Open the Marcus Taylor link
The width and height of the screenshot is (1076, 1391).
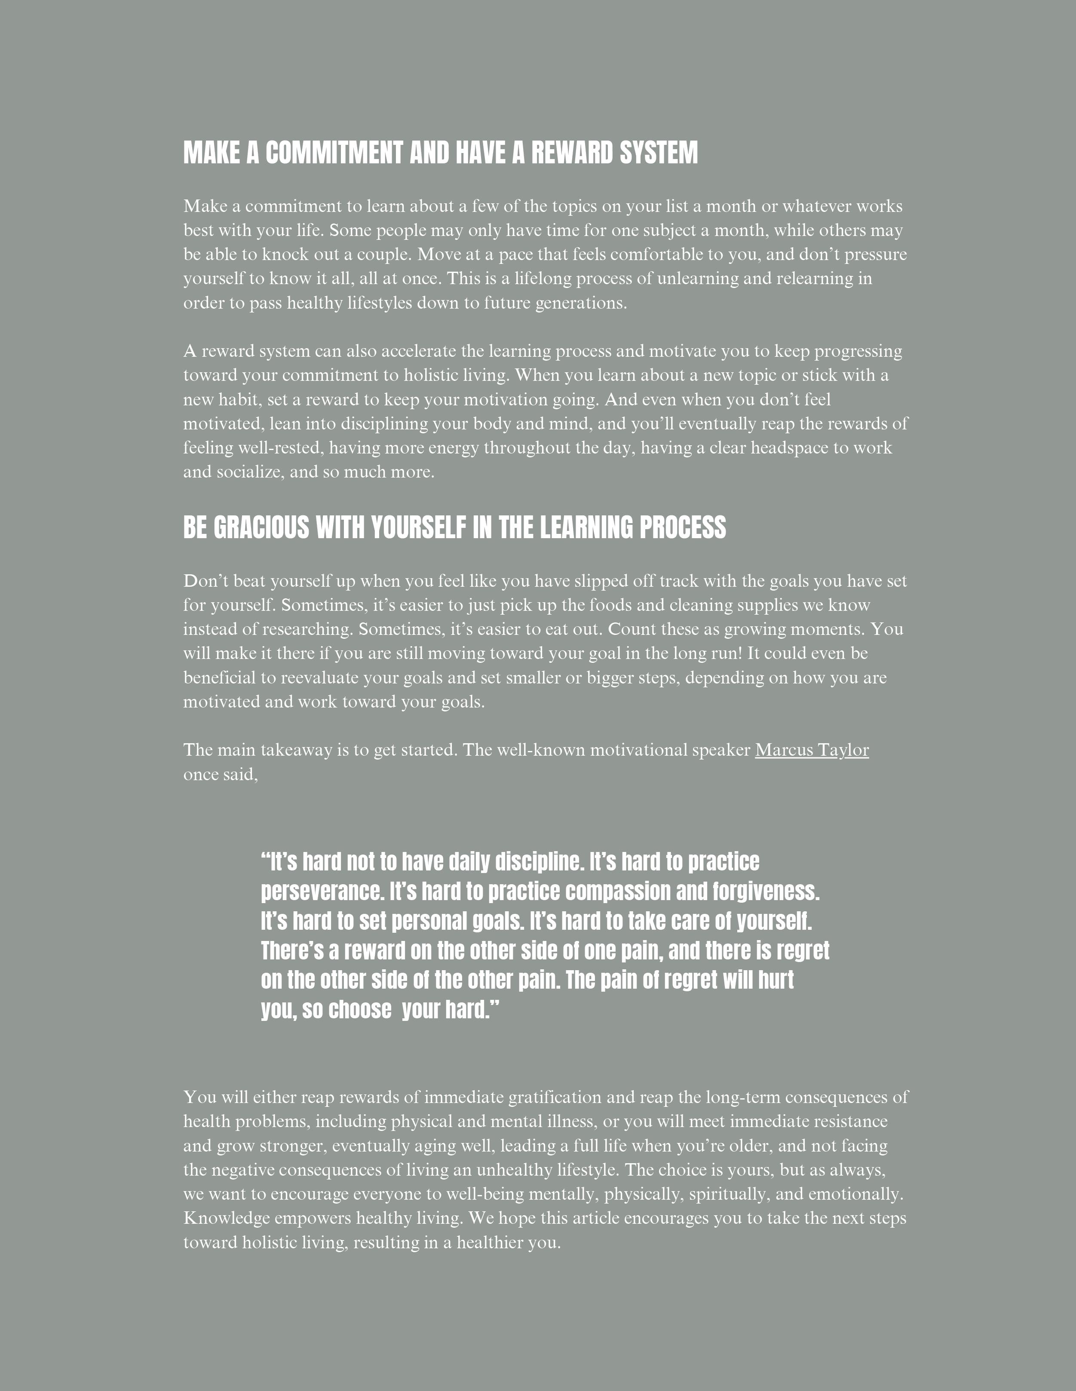(812, 750)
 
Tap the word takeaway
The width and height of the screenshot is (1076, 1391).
(296, 750)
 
